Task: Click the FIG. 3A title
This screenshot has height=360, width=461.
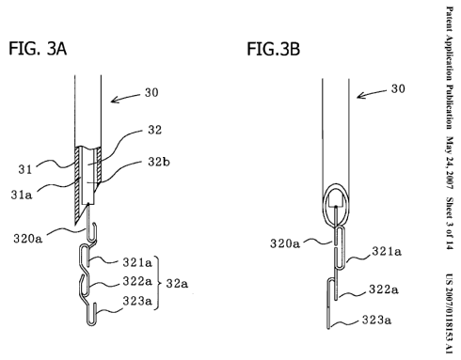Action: pyautogui.click(x=38, y=49)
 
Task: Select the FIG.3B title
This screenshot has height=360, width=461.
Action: pyautogui.click(x=273, y=49)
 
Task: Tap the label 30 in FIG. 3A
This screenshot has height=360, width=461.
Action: pyautogui.click(x=151, y=93)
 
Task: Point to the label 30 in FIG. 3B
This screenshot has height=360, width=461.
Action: pyautogui.click(x=398, y=88)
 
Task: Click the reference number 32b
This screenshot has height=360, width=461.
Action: pyautogui.click(x=159, y=162)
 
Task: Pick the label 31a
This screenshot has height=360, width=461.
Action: pyautogui.click(x=22, y=195)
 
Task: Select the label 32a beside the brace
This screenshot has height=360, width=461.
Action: pyautogui.click(x=177, y=284)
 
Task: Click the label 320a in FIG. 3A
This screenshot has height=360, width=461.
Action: pyautogui.click(x=27, y=239)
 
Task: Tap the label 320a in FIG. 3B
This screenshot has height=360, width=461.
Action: pyautogui.click(x=285, y=243)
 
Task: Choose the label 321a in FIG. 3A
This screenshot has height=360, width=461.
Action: pyautogui.click(x=137, y=262)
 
